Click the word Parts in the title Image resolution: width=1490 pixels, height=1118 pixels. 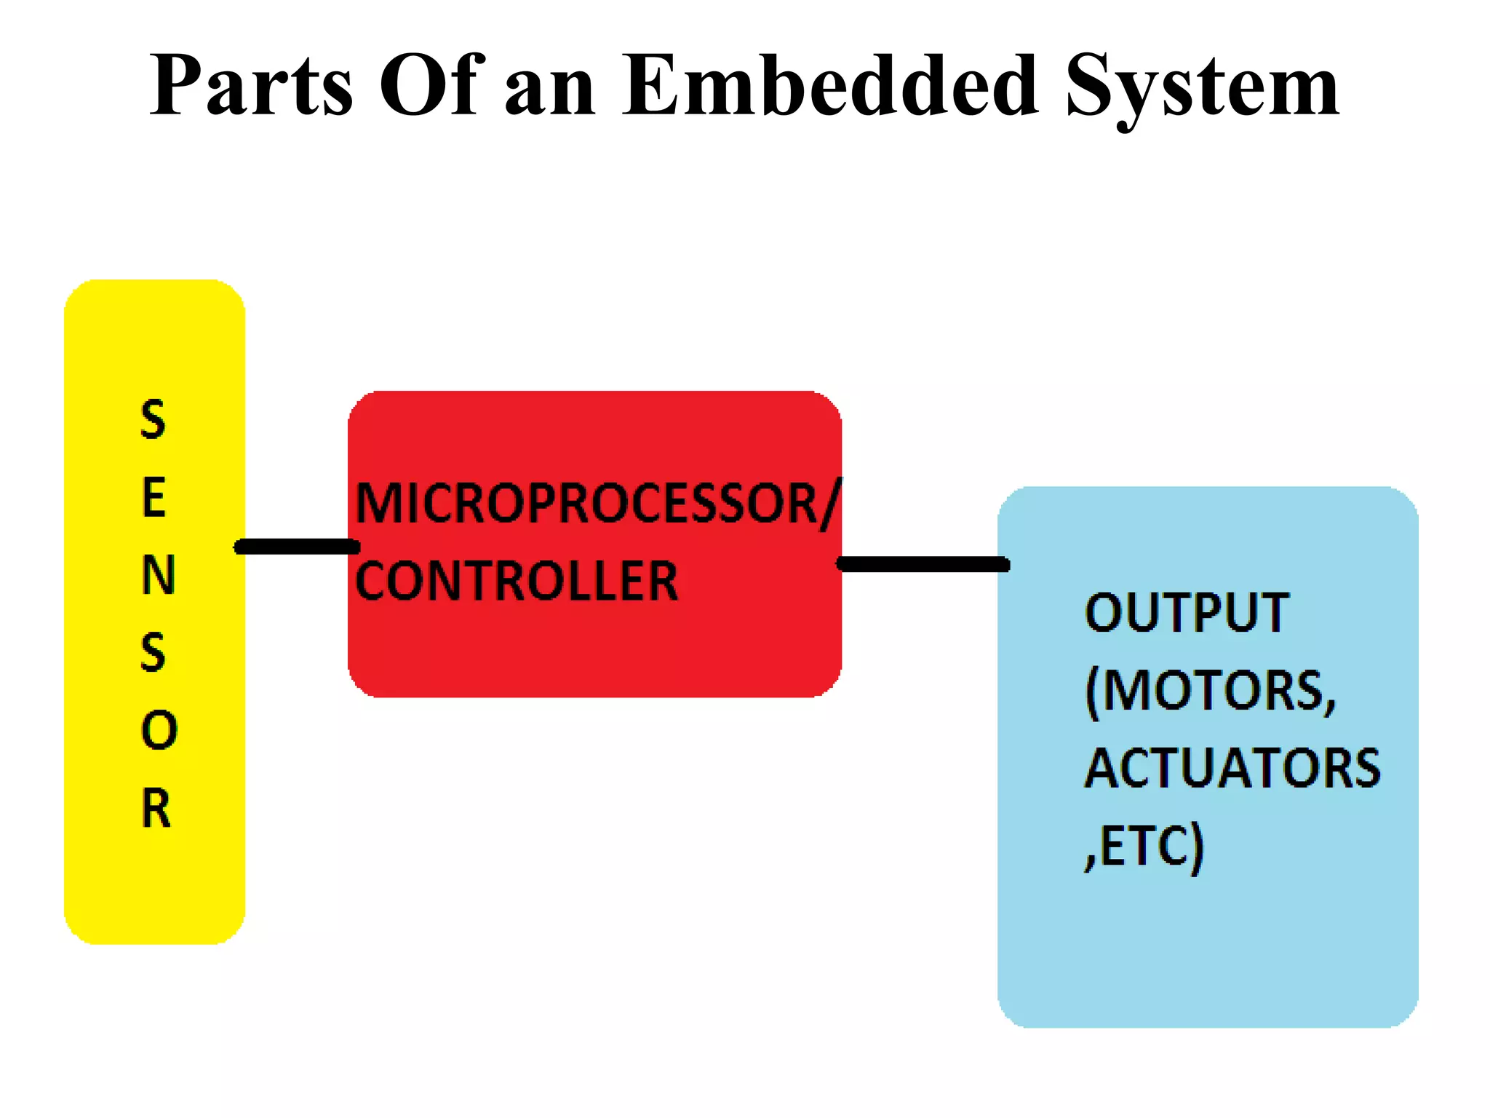[x=252, y=86]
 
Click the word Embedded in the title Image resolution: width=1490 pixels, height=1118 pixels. [x=829, y=86]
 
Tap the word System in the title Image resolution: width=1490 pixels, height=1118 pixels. [x=1202, y=86]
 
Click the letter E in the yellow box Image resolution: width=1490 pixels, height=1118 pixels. [x=154, y=498]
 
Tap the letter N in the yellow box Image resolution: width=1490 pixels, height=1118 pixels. [x=158, y=575]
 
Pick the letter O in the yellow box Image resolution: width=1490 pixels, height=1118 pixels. [x=159, y=730]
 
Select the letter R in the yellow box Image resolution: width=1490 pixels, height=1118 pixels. [x=156, y=808]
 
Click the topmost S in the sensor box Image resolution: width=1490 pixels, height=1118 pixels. [x=153, y=420]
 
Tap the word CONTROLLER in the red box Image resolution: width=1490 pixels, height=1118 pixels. [x=517, y=581]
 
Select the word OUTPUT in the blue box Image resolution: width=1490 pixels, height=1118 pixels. [x=1186, y=612]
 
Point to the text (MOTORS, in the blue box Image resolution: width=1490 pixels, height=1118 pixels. [x=1211, y=691]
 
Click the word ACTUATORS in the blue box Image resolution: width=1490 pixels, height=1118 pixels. [x=1232, y=769]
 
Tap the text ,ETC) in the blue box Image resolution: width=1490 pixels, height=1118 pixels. [x=1144, y=847]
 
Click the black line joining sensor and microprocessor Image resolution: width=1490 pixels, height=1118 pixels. [x=297, y=547]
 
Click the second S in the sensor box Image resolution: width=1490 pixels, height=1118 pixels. [x=153, y=652]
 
